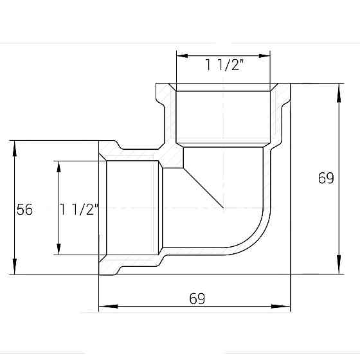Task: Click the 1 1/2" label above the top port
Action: tap(224, 64)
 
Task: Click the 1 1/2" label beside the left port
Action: tap(78, 209)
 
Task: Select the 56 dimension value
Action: tap(24, 209)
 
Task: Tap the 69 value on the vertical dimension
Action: tap(326, 178)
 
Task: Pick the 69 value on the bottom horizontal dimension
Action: tap(197, 298)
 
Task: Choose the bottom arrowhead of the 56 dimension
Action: tap(14, 268)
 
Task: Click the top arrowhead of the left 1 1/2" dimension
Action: tap(59, 166)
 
